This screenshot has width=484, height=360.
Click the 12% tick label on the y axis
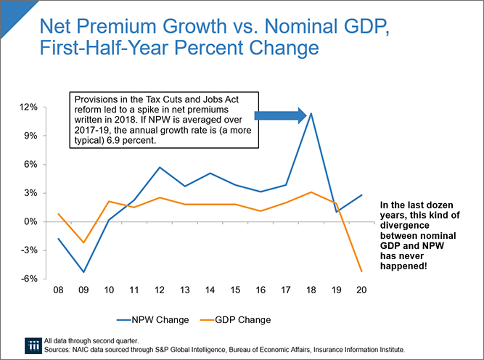point(28,107)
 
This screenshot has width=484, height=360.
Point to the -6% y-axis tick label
point(28,279)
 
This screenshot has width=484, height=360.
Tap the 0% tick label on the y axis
point(30,221)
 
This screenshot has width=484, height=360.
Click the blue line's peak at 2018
point(311,113)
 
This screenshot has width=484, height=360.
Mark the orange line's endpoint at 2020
point(361,272)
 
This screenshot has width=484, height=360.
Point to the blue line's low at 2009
point(84,272)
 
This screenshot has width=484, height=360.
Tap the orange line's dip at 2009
point(84,242)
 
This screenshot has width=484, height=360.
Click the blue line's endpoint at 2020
point(361,195)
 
